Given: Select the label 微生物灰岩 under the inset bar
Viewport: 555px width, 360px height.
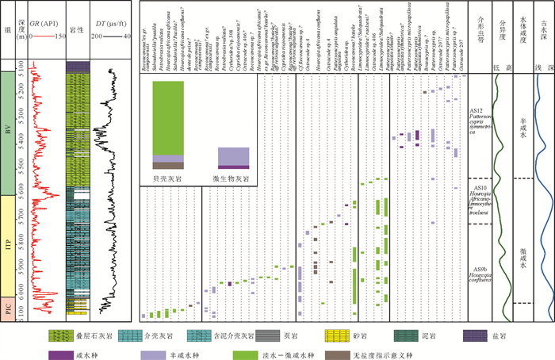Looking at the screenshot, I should pos(233,180).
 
